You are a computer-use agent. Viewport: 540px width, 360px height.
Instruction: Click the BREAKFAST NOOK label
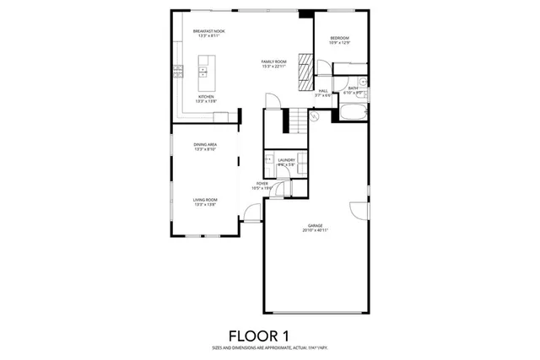tap(208, 31)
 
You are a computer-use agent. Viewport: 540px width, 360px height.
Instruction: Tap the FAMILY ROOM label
tap(273, 62)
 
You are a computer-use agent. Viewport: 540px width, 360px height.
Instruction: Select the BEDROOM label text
tap(339, 38)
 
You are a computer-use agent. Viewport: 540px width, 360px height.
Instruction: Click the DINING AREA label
tap(206, 145)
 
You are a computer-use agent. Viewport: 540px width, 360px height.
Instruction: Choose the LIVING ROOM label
tap(206, 200)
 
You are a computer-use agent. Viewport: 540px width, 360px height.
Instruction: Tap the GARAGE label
tap(316, 225)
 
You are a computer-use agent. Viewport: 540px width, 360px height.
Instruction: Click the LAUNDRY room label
tap(286, 159)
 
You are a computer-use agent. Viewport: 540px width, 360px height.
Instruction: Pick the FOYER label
tap(263, 183)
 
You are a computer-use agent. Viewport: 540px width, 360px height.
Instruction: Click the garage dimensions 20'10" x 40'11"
tap(316, 230)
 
